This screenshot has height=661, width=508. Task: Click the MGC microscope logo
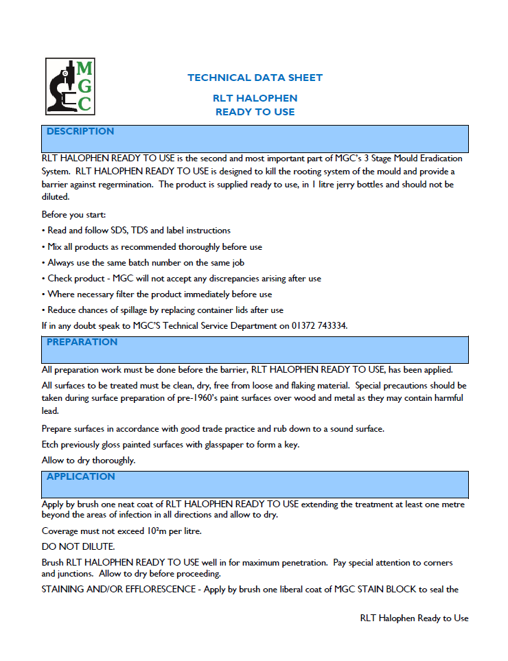[69, 86]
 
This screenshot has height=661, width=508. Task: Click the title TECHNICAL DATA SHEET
[255, 78]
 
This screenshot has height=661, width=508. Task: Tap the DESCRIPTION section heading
[80, 131]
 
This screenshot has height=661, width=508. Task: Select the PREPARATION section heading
[82, 342]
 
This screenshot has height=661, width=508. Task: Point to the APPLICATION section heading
[81, 476]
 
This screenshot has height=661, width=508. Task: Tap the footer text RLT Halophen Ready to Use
[414, 618]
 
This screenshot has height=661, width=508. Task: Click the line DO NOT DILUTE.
[78, 546]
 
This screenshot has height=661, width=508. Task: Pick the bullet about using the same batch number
[143, 262]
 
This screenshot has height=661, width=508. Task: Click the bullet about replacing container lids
[162, 310]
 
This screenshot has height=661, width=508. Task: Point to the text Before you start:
[73, 215]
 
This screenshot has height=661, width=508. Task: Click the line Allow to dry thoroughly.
[89, 460]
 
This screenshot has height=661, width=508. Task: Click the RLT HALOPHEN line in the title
[255, 98]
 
